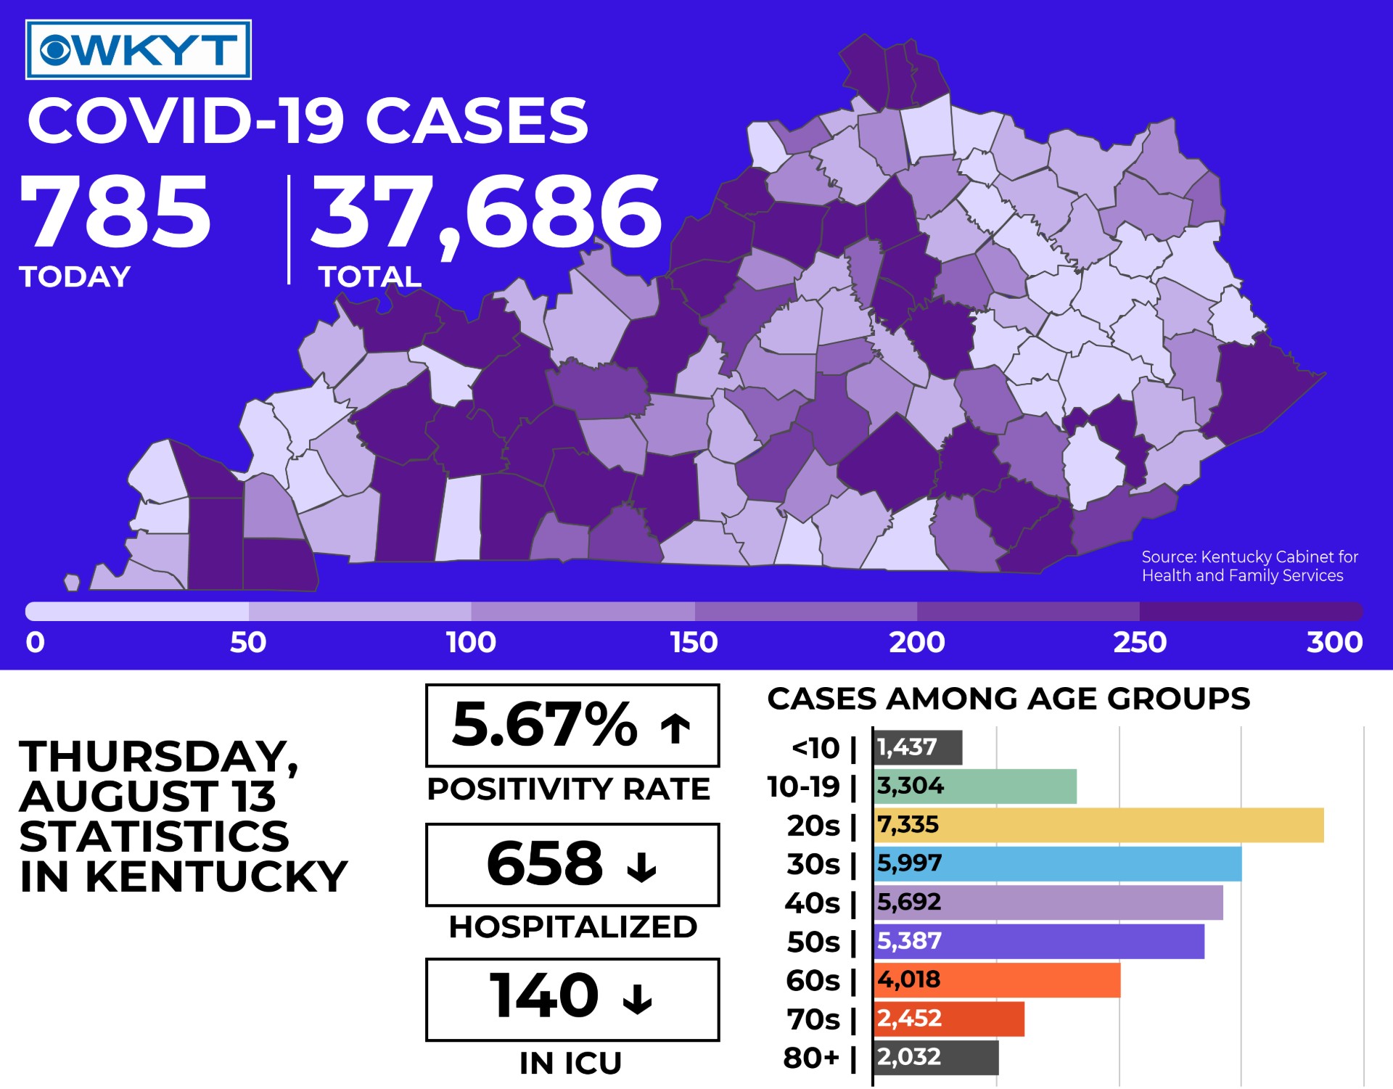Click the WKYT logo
click(x=139, y=49)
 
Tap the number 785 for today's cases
click(x=115, y=212)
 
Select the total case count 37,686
click(x=487, y=213)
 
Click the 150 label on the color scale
click(x=694, y=642)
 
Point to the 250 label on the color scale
click(x=1140, y=642)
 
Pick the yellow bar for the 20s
click(x=1098, y=825)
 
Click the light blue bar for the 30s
click(x=1057, y=863)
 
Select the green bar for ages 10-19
click(x=975, y=786)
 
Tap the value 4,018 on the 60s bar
click(x=909, y=979)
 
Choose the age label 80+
click(x=811, y=1058)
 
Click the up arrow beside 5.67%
click(x=675, y=728)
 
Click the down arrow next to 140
click(x=638, y=998)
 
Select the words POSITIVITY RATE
click(x=569, y=789)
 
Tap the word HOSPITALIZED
click(x=573, y=926)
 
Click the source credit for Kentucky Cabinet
click(x=1249, y=566)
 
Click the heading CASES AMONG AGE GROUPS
click(x=1008, y=698)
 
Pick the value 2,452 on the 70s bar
click(x=909, y=1019)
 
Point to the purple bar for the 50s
click(x=1039, y=941)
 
